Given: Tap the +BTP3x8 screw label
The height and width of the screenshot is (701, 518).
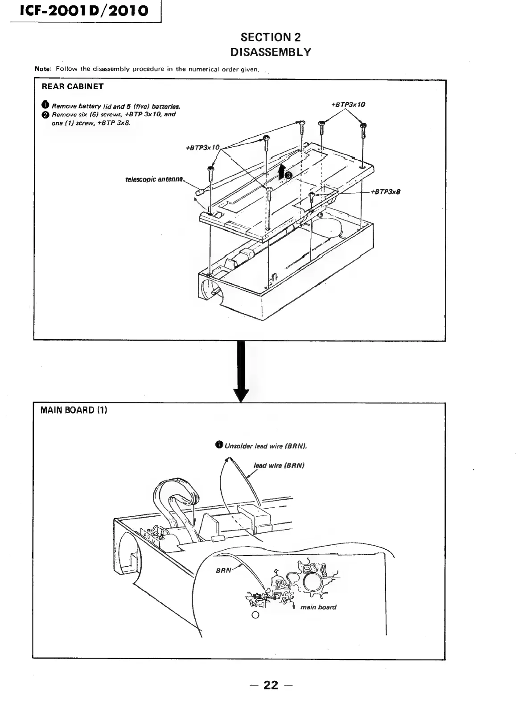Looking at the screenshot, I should pos(386,192).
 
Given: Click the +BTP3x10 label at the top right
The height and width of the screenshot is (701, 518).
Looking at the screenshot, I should pos(348,104).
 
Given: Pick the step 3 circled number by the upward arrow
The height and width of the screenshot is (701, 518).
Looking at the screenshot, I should pos(288,175).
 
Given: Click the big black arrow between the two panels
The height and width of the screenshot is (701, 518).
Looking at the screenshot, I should pos(241,370).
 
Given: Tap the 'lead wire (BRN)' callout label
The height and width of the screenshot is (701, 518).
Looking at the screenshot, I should pos(279,465).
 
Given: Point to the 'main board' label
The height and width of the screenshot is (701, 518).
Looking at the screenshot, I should pos(318,607).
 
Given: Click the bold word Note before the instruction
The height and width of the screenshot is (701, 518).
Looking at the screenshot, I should pos(43,69).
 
